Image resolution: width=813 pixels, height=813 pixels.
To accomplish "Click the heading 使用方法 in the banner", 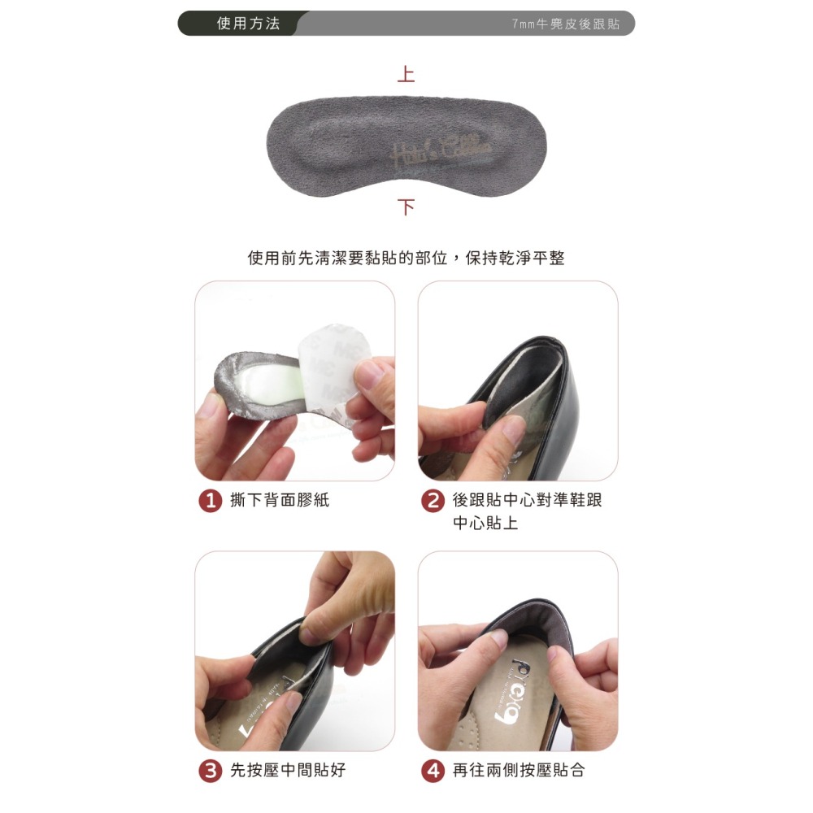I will tap(248, 24).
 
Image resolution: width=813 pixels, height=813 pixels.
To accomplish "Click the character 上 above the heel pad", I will tap(406, 75).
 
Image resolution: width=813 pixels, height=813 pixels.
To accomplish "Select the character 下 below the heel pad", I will tap(406, 207).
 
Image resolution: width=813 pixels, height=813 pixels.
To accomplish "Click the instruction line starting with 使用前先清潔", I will tap(406, 259).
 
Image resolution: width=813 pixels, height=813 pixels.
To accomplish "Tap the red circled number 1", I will tap(211, 502).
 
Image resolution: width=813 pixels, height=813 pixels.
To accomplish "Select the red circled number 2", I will tap(433, 502).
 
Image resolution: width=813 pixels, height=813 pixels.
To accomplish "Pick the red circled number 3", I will tap(211, 771).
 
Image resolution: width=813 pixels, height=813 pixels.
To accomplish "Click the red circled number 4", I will tap(433, 771).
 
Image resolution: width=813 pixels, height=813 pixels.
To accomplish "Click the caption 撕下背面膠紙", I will tap(280, 501).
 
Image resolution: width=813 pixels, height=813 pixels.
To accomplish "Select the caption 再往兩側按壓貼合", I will tap(518, 770).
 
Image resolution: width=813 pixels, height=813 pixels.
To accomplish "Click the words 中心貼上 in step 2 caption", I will tap(485, 523).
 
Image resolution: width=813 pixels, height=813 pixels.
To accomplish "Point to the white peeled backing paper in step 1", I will tap(333, 366).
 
